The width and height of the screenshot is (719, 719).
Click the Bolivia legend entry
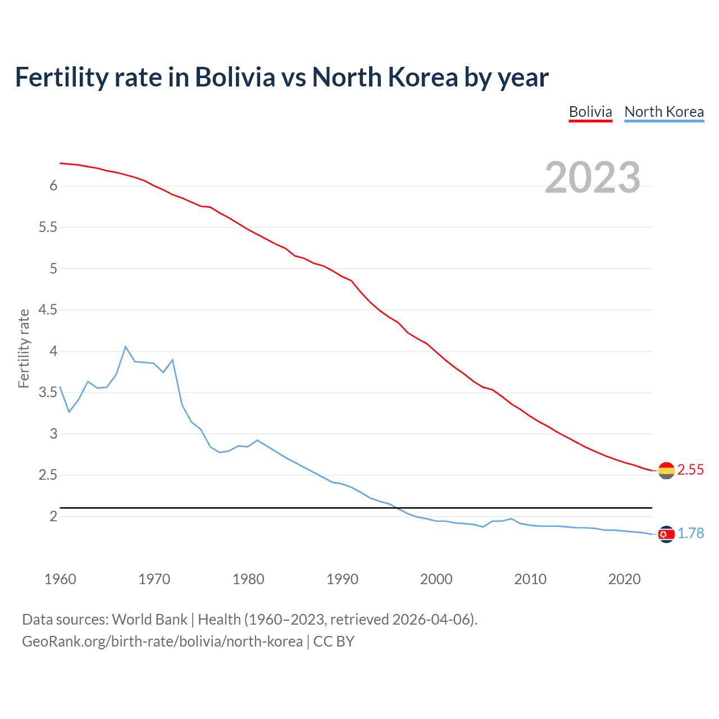coord(590,112)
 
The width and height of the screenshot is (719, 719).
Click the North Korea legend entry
coord(664,112)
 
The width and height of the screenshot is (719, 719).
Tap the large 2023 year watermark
coord(592,178)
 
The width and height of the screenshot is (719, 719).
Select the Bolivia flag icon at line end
coord(666,470)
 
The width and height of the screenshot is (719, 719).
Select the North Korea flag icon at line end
coord(666,534)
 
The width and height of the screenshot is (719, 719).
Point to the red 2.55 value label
coord(690,470)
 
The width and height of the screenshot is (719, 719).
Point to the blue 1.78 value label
coord(690,534)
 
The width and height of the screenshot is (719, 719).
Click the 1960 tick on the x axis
coord(60,579)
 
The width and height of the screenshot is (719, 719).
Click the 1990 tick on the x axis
coord(342,579)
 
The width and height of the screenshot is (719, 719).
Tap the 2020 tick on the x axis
coord(624,579)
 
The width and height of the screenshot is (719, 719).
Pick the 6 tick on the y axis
coord(54,186)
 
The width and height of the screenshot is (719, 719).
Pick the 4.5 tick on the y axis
coord(48,310)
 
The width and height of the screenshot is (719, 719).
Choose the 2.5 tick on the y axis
coord(48,475)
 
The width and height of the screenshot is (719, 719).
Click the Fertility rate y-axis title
coord(24,348)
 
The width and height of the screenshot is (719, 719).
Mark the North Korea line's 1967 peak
coord(125,347)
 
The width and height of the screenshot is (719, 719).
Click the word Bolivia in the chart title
coord(235,78)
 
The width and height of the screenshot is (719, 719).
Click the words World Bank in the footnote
coord(149,620)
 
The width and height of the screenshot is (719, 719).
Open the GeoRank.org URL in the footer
coord(162,641)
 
